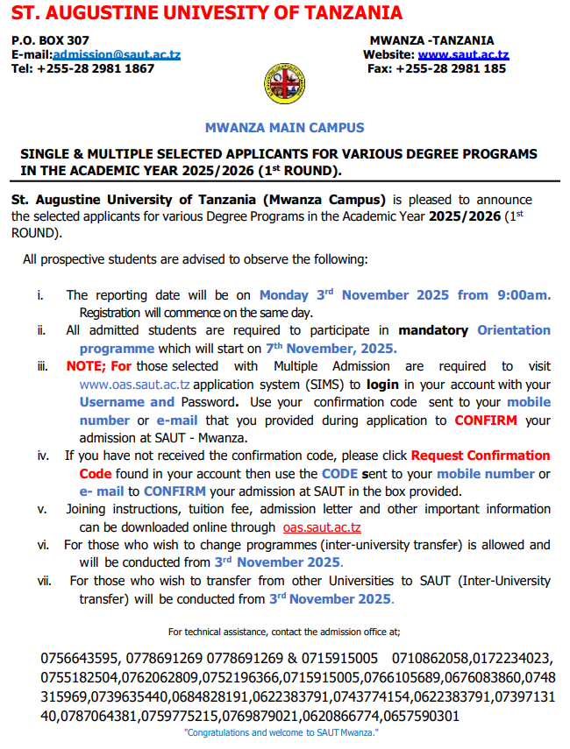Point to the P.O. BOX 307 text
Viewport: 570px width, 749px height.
pyautogui.click(x=50, y=40)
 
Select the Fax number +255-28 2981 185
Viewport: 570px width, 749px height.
pyautogui.click(x=436, y=68)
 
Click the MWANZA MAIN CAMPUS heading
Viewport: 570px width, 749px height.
pyautogui.click(x=284, y=128)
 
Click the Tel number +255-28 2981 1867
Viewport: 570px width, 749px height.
pyautogui.click(x=82, y=68)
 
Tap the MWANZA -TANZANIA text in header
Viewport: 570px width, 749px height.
pyautogui.click(x=431, y=40)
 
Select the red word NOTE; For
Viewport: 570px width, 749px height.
pyautogui.click(x=98, y=366)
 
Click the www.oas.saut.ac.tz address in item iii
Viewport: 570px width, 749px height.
pyautogui.click(x=135, y=385)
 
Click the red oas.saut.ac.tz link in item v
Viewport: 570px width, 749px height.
pyautogui.click(x=322, y=526)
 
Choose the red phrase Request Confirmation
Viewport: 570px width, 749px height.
pyautogui.click(x=481, y=456)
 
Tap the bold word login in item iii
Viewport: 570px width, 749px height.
pyautogui.click(x=384, y=385)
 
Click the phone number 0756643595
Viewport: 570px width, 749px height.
pyautogui.click(x=78, y=658)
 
